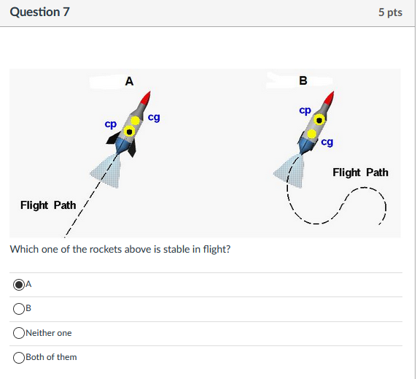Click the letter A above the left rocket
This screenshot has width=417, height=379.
point(129,81)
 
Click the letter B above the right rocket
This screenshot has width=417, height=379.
point(303,80)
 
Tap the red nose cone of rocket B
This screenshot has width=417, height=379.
point(330,98)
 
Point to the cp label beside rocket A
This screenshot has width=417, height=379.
point(110,124)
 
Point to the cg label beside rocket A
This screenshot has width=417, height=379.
point(154,116)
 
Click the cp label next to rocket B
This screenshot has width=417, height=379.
point(305,110)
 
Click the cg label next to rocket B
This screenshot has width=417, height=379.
point(327,142)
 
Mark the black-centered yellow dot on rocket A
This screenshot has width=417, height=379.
point(130,131)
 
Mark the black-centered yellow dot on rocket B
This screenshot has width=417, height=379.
point(319,119)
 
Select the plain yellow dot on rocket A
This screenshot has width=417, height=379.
point(136,120)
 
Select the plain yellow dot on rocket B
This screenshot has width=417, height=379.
point(312,134)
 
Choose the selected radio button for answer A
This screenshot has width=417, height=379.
point(17,285)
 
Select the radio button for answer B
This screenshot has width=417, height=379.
point(17,309)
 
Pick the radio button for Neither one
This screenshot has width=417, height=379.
point(17,333)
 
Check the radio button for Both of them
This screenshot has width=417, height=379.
point(17,357)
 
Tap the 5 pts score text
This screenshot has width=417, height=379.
point(390,13)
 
